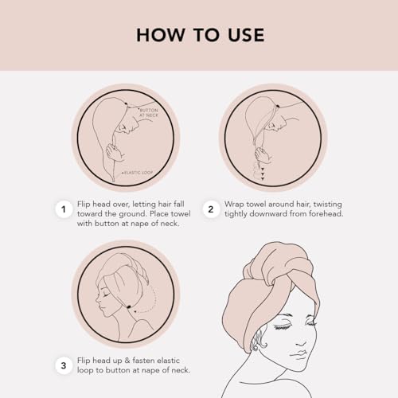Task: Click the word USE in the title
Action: coord(246,35)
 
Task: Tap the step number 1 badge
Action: coord(64,209)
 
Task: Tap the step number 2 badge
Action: coord(211,209)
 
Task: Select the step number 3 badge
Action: coord(64,365)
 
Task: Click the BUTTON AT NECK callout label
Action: coord(149,112)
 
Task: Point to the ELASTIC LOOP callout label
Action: coord(138,173)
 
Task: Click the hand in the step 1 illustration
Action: coord(115,153)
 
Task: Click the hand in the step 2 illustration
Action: coord(263,155)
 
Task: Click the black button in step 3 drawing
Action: coord(129,307)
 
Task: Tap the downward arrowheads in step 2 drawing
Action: coord(263,174)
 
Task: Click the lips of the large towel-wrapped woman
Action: coord(299,354)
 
